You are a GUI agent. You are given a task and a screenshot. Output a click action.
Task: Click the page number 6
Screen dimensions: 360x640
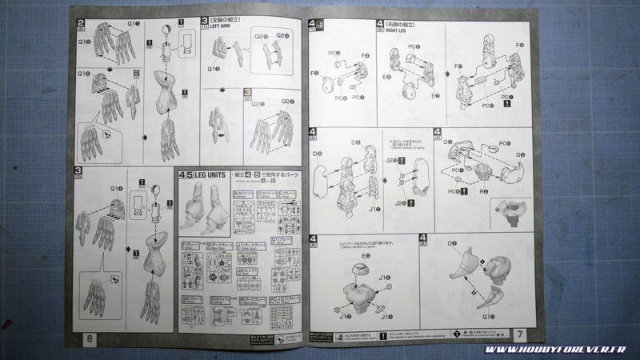[89, 338]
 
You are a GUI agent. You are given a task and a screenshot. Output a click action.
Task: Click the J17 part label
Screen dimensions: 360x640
[375, 210]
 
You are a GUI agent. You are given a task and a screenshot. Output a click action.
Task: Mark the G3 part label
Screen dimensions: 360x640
[520, 154]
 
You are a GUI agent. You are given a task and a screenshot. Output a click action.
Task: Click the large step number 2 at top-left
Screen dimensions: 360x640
[82, 19]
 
